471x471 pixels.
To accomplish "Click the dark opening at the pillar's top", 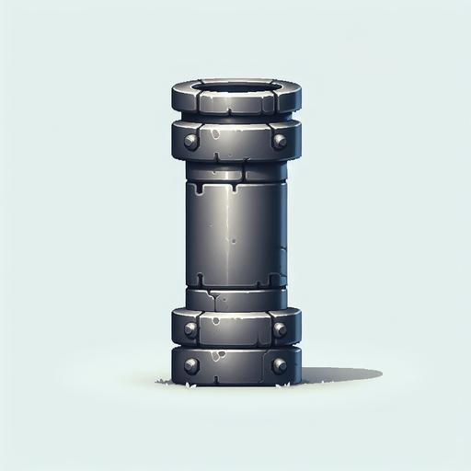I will tap(235, 89).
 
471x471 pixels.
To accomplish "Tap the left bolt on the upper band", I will tap(190, 142).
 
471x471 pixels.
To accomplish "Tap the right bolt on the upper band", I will tap(280, 142).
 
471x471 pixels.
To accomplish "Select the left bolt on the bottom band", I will tap(191, 366).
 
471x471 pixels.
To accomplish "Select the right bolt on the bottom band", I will tap(280, 366).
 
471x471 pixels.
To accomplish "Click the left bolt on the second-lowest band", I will tap(190, 328).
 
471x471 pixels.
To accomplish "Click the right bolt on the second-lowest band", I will tap(280, 328).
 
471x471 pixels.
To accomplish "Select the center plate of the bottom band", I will tap(235, 366).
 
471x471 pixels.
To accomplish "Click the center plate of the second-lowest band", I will tap(235, 328).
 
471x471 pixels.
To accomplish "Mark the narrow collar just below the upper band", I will tap(235, 171).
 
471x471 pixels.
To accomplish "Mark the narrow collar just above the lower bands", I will tap(235, 298).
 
